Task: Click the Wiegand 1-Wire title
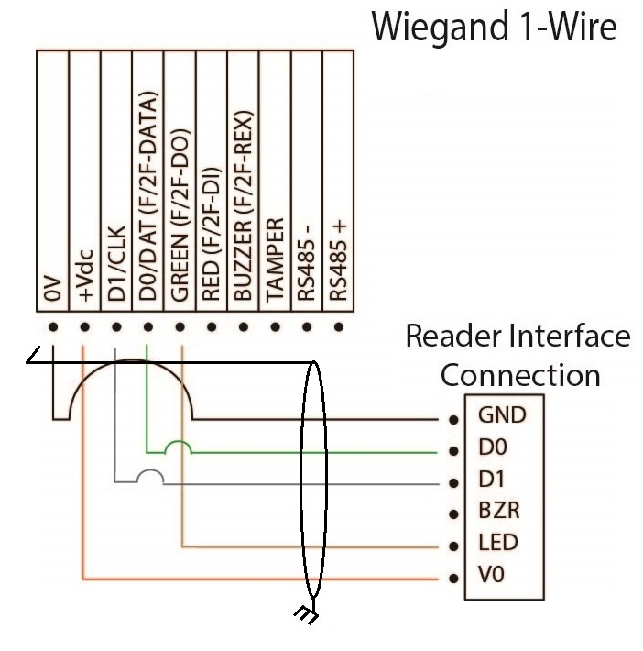point(494,28)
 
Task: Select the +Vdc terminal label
point(85,282)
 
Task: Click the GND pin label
point(502,415)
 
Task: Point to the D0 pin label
point(493,447)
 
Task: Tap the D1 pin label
point(492,480)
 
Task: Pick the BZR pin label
point(497,511)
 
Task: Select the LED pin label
point(497,543)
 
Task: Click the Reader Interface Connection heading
point(518,356)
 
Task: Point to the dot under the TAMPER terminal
point(275,326)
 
